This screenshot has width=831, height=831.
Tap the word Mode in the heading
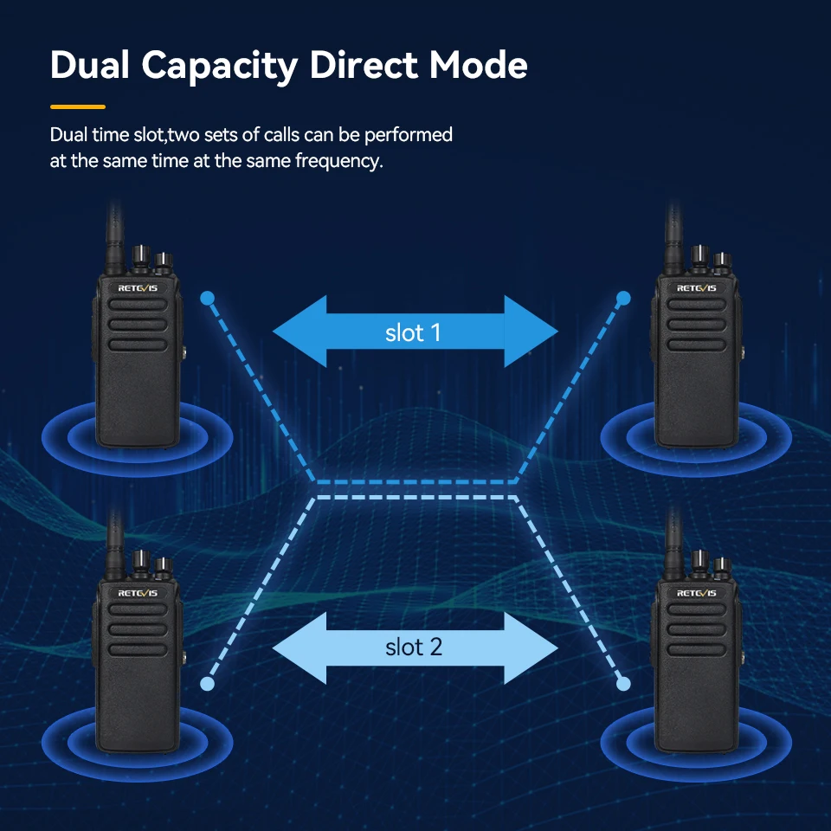point(478,65)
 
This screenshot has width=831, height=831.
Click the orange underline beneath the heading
point(78,107)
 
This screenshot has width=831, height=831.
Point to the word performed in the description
point(408,135)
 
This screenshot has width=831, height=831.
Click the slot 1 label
point(413,332)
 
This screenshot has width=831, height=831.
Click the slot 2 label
point(414,647)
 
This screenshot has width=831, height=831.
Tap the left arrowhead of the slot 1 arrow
point(300,332)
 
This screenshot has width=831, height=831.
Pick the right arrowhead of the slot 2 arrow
point(531,647)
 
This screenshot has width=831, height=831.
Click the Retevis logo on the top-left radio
point(138,288)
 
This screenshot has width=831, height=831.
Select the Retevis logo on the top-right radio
point(696,288)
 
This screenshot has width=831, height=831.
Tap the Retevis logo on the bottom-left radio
point(138,593)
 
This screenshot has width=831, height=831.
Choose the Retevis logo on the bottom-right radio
point(696,593)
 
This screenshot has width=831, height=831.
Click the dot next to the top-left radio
point(207,299)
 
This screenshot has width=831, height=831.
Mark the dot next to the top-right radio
point(624,299)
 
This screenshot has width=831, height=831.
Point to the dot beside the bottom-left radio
point(207,684)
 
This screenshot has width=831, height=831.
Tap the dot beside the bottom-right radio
point(624,684)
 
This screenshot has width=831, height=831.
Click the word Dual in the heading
point(89,65)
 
